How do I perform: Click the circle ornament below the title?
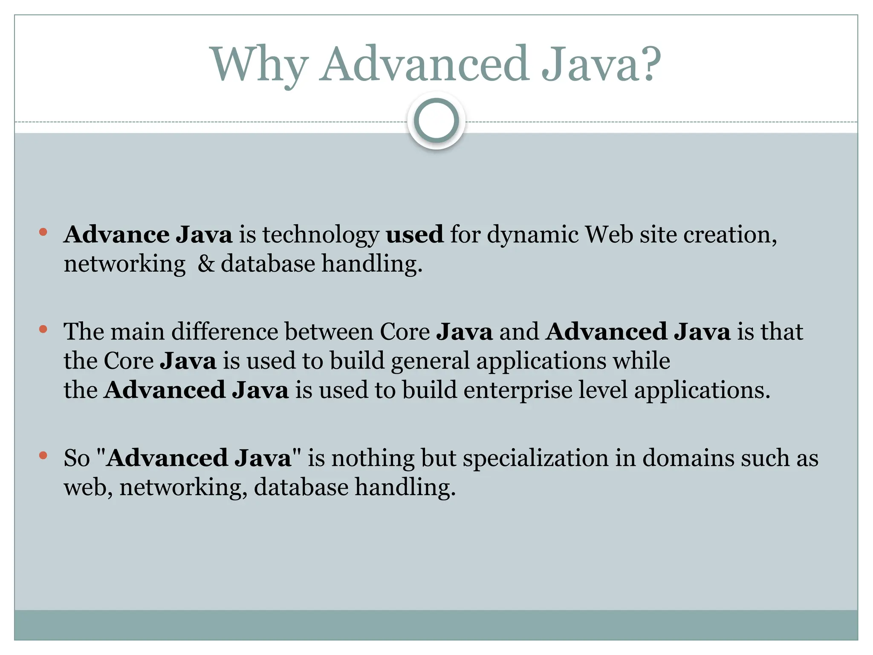436,121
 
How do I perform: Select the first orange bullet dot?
43,232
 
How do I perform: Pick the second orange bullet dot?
43,329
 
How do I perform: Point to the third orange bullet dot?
43,455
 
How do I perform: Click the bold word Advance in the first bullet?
116,235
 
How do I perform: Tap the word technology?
321,235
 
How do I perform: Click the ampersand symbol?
206,264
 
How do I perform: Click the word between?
329,331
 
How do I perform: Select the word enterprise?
517,391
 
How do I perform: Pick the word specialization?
535,459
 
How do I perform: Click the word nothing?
373,459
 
